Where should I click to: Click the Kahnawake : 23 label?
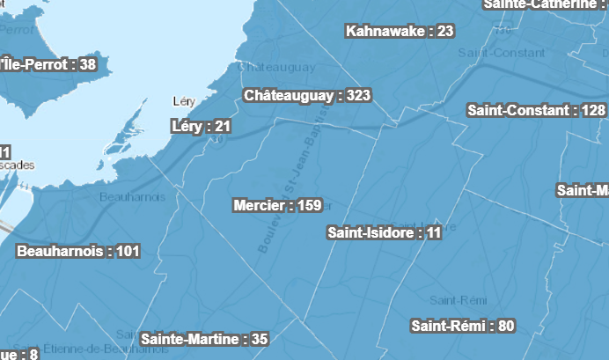[x=400, y=32]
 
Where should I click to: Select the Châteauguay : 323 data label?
[x=307, y=95]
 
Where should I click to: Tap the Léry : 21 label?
[x=201, y=127]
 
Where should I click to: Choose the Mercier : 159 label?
[x=277, y=206]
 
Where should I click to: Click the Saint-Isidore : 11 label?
[x=384, y=233]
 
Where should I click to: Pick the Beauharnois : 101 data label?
[x=78, y=251]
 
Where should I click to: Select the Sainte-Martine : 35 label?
[x=203, y=339]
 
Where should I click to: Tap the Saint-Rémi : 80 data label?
[x=463, y=326]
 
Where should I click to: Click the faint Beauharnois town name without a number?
[x=132, y=196]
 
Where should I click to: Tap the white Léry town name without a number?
[x=184, y=101]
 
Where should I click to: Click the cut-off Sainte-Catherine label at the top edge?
[x=546, y=4]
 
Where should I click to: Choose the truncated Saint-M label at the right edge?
[x=583, y=190]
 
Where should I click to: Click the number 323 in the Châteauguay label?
[x=358, y=95]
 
